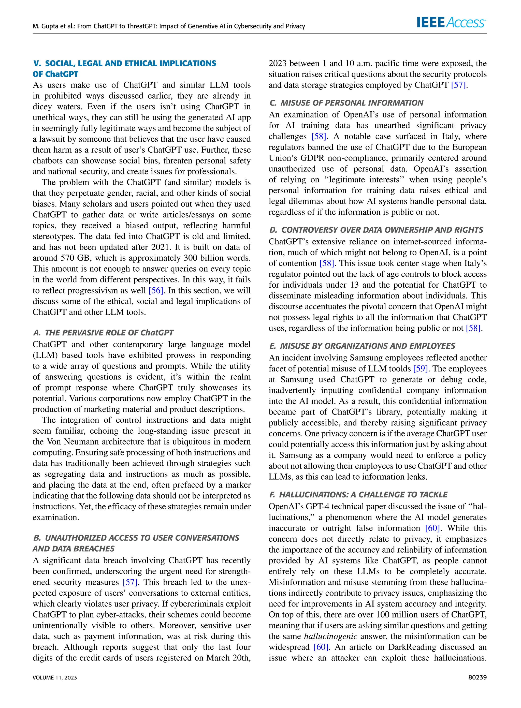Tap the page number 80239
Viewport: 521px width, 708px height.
[477, 677]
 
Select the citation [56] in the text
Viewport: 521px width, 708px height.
[155, 291]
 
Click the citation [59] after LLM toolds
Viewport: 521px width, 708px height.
[420, 369]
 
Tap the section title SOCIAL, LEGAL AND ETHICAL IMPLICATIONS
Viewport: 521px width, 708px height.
[131, 63]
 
